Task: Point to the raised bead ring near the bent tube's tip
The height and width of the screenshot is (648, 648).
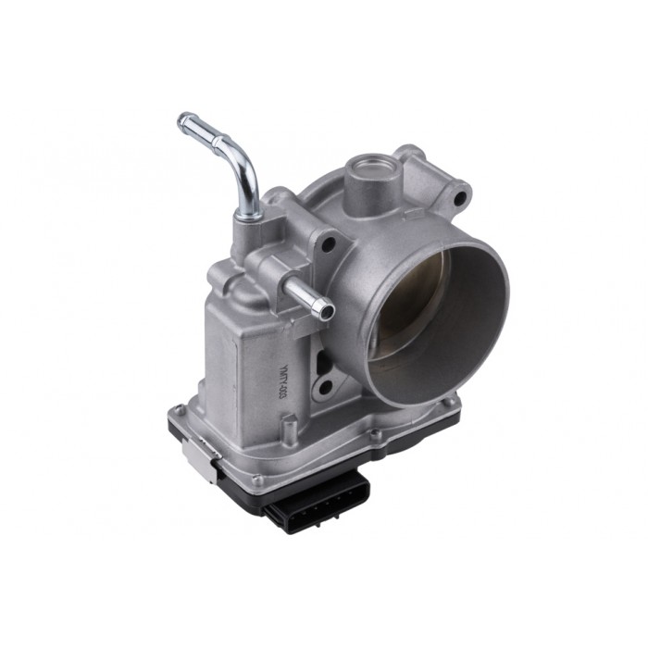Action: [197, 123]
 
